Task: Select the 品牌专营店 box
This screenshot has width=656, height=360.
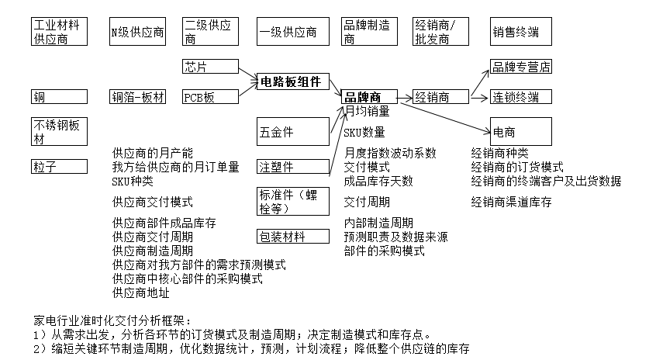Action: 520,66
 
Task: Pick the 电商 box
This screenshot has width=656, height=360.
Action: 520,131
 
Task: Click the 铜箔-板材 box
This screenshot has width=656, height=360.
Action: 138,97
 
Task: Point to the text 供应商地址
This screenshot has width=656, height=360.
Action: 140,292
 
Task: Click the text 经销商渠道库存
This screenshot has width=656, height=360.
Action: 511,202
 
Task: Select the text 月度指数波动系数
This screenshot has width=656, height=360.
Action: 390,152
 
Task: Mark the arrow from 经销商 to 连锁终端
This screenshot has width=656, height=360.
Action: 479,97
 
